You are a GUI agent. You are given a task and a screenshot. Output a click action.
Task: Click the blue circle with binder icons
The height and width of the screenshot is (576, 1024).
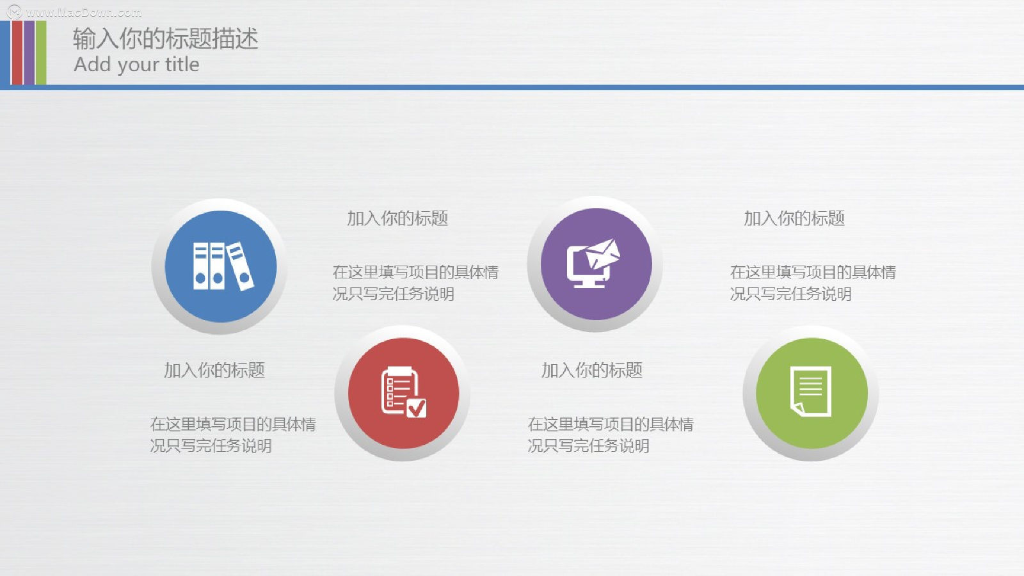[x=221, y=266]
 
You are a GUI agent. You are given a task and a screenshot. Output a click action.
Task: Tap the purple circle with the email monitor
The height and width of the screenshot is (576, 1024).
[x=596, y=264]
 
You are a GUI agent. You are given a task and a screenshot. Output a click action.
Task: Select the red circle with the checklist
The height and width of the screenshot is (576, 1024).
[x=404, y=393]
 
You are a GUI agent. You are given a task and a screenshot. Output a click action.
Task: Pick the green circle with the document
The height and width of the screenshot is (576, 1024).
[x=812, y=393]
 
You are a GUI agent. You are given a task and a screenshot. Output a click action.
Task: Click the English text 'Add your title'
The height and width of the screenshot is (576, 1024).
[x=136, y=65]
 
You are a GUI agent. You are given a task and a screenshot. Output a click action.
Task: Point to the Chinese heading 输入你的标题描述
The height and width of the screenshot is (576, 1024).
[x=166, y=38]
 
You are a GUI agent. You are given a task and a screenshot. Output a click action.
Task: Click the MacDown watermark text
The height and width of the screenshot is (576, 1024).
[x=83, y=12]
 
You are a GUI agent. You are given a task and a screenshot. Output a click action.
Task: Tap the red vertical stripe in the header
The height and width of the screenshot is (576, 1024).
[x=17, y=52]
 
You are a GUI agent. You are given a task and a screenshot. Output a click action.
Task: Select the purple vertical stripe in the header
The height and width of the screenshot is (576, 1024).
[x=29, y=52]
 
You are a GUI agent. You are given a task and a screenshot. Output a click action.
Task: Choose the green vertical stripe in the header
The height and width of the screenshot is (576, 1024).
[x=41, y=52]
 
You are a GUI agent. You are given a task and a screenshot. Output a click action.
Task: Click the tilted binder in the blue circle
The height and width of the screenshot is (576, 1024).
[x=240, y=266]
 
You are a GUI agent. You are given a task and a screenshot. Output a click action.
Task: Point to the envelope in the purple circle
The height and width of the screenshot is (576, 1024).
[x=603, y=253]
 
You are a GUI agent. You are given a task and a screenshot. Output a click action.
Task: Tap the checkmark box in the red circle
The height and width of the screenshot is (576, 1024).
[x=417, y=408]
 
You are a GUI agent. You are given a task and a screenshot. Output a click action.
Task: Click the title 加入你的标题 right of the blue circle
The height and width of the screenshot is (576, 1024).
[x=397, y=218]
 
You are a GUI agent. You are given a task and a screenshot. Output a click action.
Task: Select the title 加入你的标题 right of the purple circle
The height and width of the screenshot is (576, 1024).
[x=794, y=218]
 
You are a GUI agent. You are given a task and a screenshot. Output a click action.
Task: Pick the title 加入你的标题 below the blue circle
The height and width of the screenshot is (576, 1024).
[x=214, y=371]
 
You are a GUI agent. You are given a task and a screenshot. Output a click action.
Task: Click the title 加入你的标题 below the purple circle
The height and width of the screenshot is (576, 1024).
[x=592, y=371]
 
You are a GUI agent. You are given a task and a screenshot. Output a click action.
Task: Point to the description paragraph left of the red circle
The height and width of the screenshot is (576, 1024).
[x=233, y=435]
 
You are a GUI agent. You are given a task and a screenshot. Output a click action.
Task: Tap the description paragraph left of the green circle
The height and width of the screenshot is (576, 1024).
[x=611, y=435]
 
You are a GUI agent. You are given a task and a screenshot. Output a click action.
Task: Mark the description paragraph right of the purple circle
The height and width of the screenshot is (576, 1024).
[x=813, y=283]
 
